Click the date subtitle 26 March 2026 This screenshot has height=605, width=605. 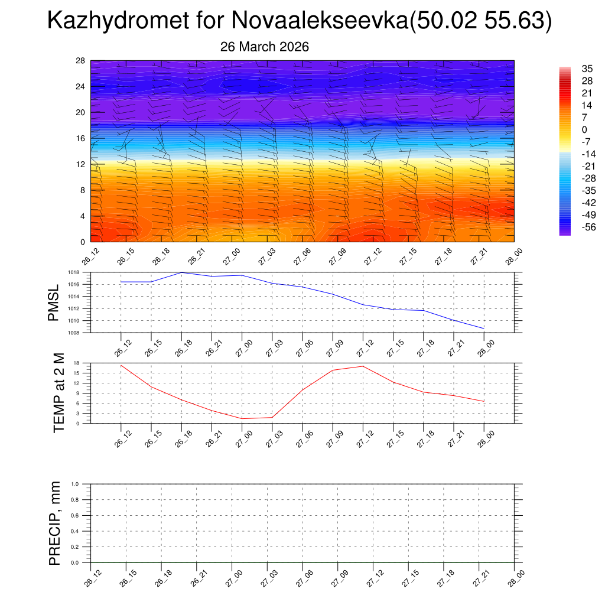click(265, 47)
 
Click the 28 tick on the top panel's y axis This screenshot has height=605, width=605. click(81, 61)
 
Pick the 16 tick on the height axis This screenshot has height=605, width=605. click(81, 138)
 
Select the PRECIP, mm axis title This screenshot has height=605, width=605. click(55, 523)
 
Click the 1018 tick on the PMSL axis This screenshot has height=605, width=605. click(73, 272)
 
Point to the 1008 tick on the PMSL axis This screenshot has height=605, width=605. click(73, 333)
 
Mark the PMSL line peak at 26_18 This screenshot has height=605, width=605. click(181, 272)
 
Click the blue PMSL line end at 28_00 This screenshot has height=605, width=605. click(484, 328)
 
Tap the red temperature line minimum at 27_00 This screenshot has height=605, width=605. click(242, 419)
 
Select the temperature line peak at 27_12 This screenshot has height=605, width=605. click(363, 366)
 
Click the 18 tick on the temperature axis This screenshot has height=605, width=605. click(77, 363)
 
